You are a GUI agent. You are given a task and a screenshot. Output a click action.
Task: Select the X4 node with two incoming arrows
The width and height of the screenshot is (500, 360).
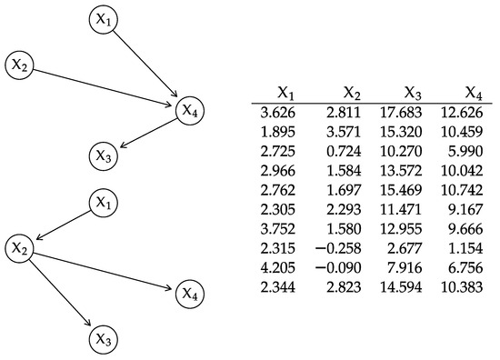pos(189,110)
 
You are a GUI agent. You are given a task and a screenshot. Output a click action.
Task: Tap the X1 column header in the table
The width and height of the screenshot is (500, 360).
pos(286,93)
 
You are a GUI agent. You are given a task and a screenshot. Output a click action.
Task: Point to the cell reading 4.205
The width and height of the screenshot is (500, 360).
pos(278,269)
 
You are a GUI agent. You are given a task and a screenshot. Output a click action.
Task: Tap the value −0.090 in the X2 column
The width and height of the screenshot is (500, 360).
pos(337,269)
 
